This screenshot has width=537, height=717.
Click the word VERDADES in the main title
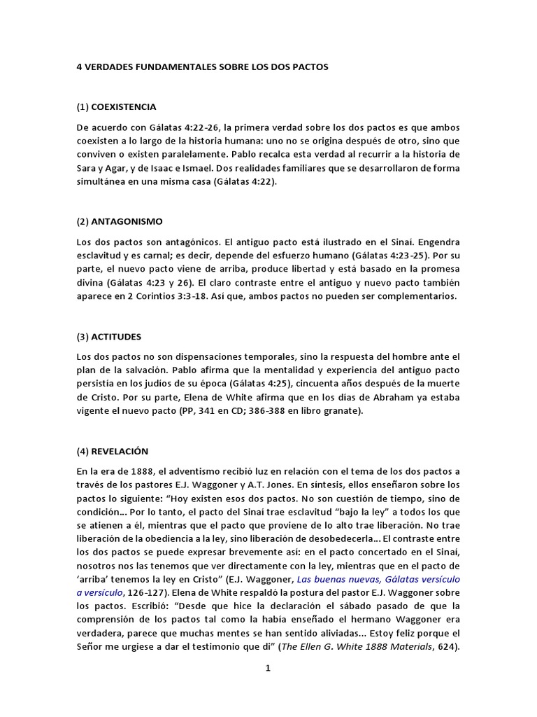tap(108, 68)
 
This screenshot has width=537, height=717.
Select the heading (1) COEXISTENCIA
tap(116, 107)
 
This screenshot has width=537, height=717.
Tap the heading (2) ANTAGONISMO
tap(119, 221)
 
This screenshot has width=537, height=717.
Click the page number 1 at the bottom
tap(267, 668)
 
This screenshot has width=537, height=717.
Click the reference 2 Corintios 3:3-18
tap(162, 297)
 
